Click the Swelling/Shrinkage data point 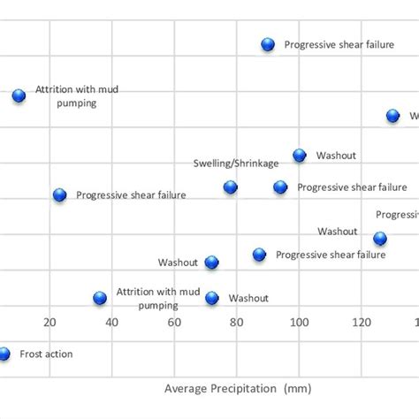231,187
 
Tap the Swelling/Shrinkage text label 236,164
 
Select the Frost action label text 47,354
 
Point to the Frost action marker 4,354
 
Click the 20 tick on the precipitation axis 50,323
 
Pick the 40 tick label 112,323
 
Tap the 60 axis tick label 175,323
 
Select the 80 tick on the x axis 237,323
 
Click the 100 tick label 300,323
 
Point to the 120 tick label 362,323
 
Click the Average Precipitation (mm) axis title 238,388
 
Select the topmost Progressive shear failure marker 268,44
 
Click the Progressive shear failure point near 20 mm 59,194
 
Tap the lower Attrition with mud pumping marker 100,298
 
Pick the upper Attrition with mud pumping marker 19,95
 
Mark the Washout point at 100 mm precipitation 300,155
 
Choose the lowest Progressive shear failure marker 259,255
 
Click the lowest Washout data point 212,298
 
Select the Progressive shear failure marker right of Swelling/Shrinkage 280,187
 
